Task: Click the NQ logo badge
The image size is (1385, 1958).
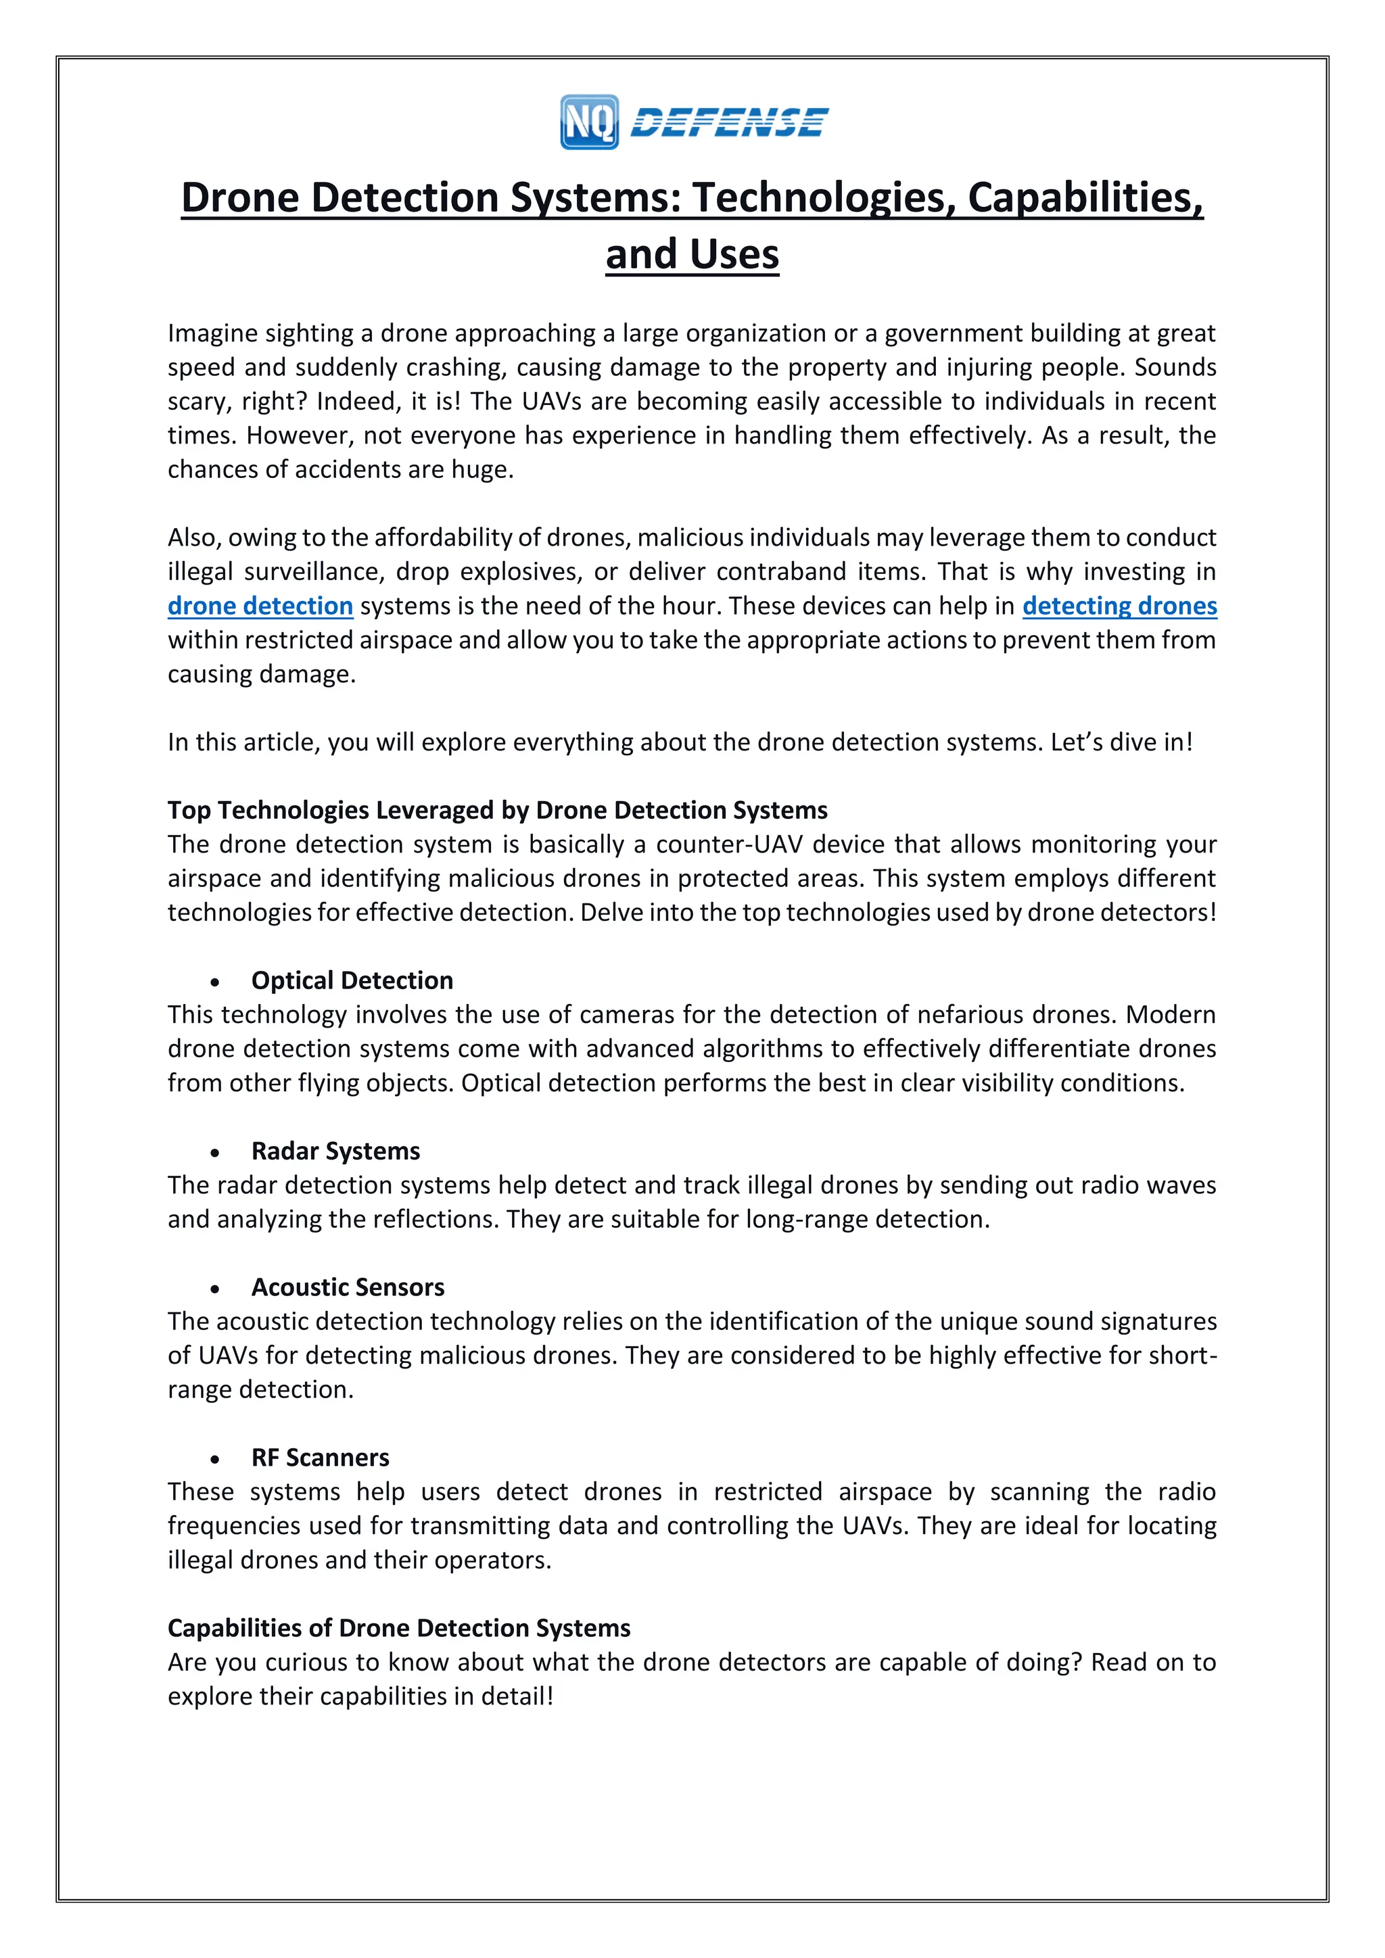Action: coord(589,122)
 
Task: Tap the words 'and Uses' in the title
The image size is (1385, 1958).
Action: coord(692,254)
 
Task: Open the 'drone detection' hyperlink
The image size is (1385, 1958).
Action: coord(260,606)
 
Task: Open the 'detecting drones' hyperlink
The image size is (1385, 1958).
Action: coord(1119,606)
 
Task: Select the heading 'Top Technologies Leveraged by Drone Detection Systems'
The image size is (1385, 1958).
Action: coord(497,809)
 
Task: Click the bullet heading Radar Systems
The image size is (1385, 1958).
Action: coord(335,1151)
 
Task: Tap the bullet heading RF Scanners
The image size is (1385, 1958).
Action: coord(320,1458)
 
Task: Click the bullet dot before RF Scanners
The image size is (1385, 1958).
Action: coord(216,1460)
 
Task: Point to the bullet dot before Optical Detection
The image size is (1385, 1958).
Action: coord(216,982)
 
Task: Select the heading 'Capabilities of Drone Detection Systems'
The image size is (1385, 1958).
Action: coord(398,1628)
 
